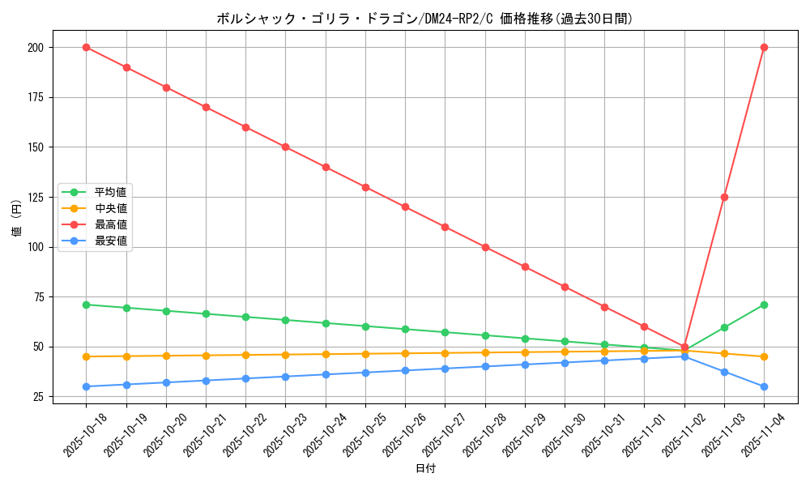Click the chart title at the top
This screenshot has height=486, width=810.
point(424,19)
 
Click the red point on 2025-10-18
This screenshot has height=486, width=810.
point(86,47)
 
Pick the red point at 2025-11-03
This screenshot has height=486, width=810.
point(724,197)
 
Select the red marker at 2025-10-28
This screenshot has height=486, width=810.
point(485,247)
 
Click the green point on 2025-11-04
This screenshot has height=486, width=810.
point(764,305)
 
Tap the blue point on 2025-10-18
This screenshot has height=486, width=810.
point(86,386)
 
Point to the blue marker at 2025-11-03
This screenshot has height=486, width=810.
point(724,372)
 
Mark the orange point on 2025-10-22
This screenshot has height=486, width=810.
point(245,355)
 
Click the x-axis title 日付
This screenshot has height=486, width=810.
point(425,469)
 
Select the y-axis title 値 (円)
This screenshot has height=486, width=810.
point(16,218)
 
